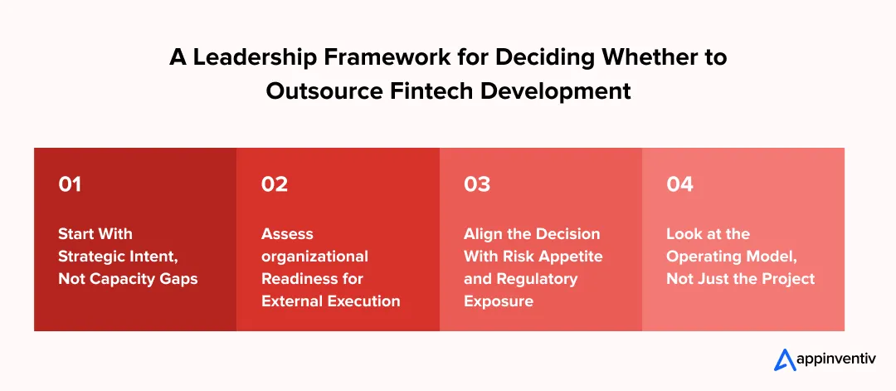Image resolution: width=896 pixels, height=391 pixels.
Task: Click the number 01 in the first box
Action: [70, 184]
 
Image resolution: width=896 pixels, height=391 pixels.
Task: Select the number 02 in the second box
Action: [274, 184]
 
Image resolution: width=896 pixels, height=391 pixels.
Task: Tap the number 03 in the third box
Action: [477, 184]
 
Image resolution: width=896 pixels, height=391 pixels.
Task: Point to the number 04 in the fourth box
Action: [679, 184]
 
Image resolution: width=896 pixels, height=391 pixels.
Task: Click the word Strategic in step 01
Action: [91, 256]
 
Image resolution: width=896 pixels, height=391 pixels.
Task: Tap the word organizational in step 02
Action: [314, 256]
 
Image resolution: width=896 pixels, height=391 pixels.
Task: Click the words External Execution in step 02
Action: [331, 301]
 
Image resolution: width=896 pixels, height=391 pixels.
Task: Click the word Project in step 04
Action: [786, 278]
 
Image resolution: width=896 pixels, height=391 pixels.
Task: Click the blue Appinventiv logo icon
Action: [785, 359]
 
